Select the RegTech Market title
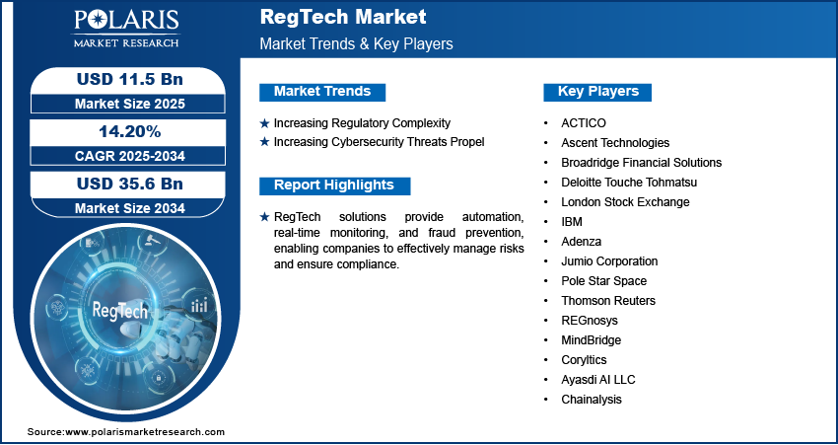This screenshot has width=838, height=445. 343,17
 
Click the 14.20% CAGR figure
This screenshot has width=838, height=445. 129,131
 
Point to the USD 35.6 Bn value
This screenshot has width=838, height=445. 129,184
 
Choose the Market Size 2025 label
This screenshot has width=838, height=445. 129,103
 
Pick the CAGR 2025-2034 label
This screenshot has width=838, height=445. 129,155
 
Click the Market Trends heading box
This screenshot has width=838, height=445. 322,92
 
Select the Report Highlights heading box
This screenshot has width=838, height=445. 334,185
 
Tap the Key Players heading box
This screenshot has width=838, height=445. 598,92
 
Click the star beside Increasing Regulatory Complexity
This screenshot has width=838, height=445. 264,123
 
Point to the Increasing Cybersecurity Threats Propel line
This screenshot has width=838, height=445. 379,142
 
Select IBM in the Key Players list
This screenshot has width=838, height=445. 572,222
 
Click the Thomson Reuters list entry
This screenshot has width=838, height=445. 608,301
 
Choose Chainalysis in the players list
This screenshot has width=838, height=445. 592,400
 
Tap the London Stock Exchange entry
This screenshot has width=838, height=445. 625,202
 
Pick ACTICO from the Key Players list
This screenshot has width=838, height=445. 585,123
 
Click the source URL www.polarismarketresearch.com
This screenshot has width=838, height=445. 146,432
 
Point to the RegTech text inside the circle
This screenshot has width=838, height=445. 120,310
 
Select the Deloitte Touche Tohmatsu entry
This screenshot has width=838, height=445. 629,183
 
